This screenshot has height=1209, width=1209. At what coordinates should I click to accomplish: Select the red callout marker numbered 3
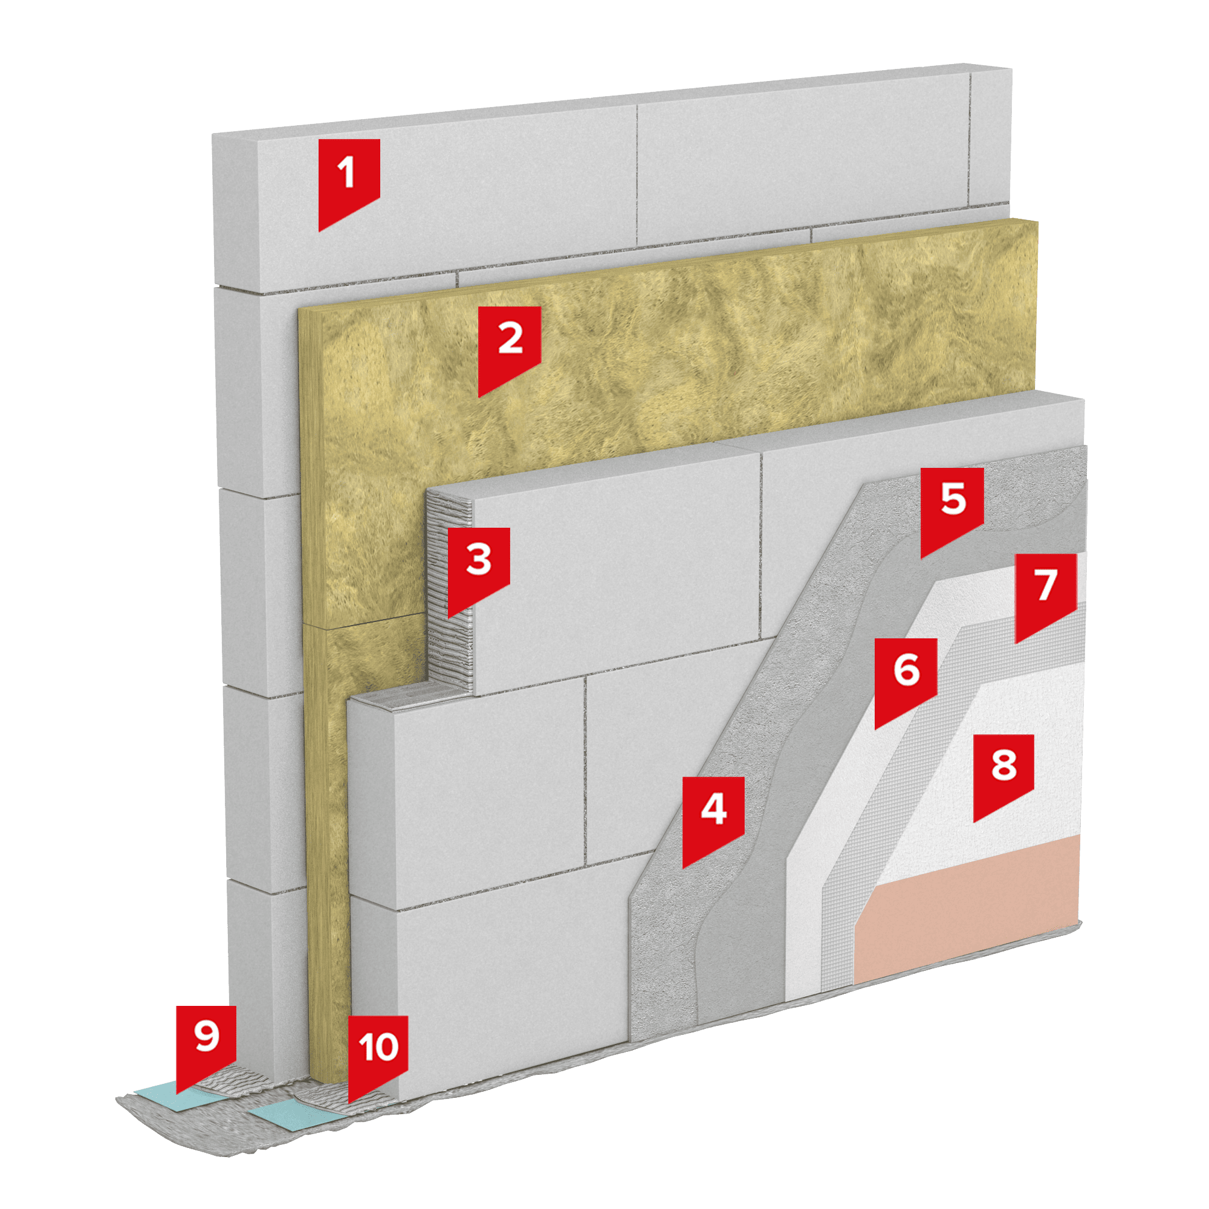[x=478, y=566]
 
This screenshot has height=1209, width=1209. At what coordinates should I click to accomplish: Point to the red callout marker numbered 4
[x=713, y=817]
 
